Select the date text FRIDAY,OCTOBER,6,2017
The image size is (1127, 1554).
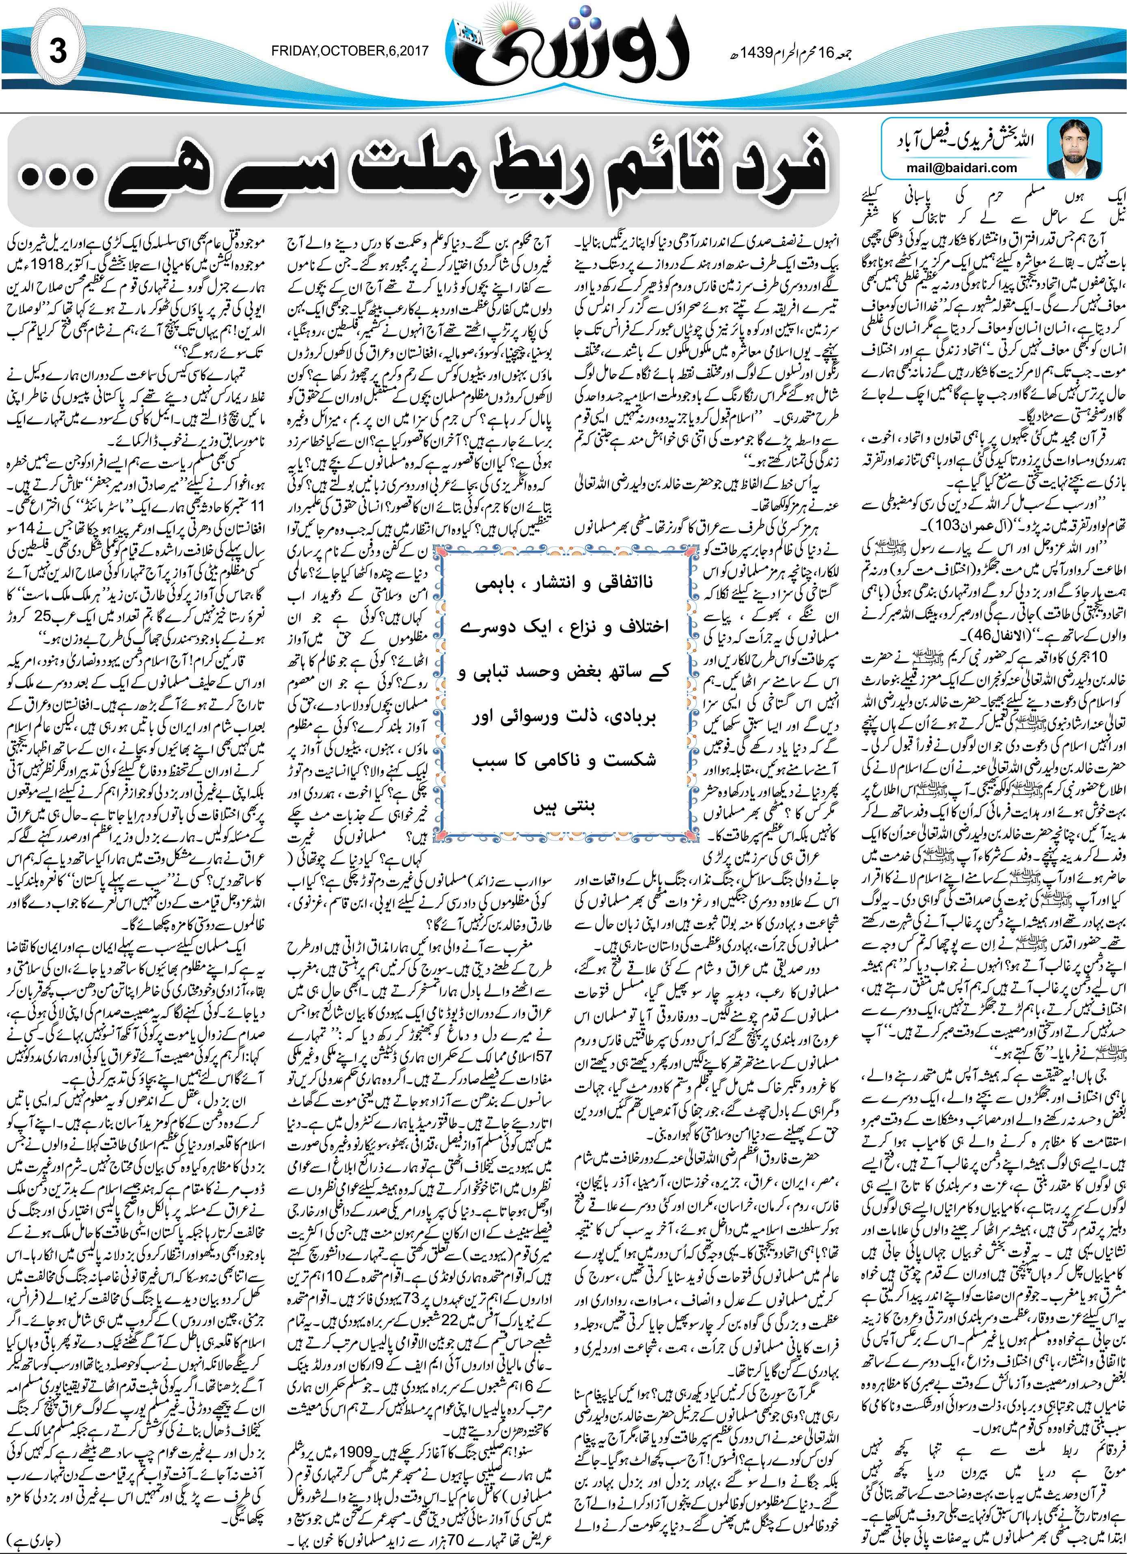tap(350, 51)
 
